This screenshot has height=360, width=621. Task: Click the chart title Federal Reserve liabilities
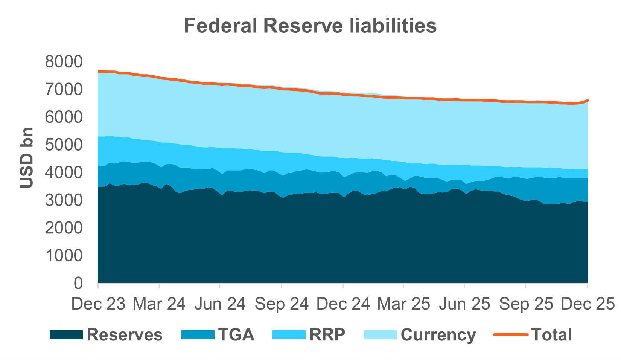point(310,26)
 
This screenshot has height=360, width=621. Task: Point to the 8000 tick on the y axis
point(63,62)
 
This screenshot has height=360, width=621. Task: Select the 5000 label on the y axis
point(63,145)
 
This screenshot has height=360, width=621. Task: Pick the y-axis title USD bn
point(27,158)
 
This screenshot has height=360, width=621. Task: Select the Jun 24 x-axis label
point(220,304)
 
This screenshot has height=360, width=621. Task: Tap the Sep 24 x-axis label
point(282,304)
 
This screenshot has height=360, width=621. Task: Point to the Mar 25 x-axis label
point(403,304)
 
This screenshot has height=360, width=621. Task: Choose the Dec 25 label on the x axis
point(587,304)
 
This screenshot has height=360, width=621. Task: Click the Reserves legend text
point(124,335)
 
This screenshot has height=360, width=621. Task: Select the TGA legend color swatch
point(198,335)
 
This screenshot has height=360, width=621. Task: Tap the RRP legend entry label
point(327,335)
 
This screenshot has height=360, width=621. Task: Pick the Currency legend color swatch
point(381,335)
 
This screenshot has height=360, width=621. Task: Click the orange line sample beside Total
point(510,335)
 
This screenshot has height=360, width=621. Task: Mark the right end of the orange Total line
point(588,100)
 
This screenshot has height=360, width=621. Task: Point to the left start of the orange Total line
point(99,71)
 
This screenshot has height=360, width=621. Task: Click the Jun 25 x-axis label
point(464,304)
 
